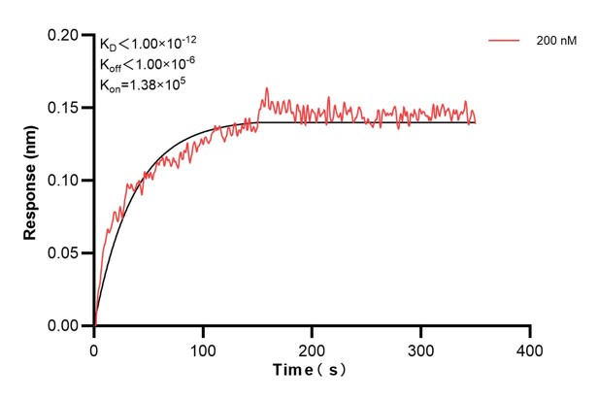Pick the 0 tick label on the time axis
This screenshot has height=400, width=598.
(94, 348)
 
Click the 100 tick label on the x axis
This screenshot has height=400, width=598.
(203, 348)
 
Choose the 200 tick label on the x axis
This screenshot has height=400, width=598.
(312, 348)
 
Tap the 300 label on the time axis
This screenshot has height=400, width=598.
(420, 348)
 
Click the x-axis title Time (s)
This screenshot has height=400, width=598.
(311, 371)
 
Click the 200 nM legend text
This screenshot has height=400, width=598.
(555, 42)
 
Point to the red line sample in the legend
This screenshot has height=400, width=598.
(506, 42)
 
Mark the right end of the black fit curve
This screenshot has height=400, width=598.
(476, 121)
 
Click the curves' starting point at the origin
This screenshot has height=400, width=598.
(94, 325)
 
